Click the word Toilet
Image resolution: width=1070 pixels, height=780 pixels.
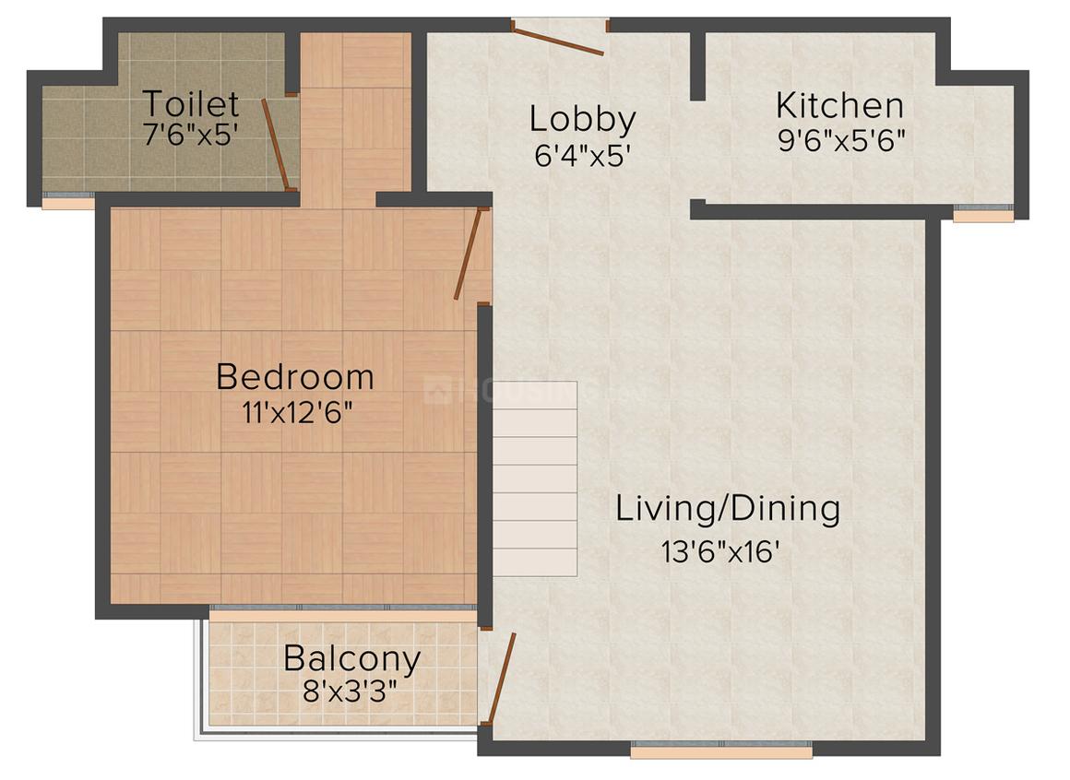click(191, 103)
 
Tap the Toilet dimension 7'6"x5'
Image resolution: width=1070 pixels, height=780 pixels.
click(190, 135)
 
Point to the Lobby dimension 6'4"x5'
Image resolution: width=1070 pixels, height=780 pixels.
click(581, 156)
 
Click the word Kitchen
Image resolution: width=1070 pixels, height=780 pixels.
click(840, 106)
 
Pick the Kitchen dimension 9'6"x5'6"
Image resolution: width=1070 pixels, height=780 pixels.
click(841, 140)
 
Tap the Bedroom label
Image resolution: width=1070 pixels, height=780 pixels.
click(295, 377)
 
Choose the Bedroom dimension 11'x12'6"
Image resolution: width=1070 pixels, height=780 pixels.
click(298, 412)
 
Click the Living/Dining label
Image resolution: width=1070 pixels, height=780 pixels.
click(728, 510)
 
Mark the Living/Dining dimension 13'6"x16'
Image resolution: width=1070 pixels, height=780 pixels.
click(719, 551)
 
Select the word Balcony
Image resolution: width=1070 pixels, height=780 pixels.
click(351, 659)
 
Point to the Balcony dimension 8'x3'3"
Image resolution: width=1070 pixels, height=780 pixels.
click(350, 692)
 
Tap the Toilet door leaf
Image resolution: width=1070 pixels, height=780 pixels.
click(277, 143)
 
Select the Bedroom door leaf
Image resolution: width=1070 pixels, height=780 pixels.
click(469, 254)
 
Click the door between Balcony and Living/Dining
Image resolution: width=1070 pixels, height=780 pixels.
click(500, 678)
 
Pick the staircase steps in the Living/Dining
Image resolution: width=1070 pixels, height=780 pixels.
click(535, 479)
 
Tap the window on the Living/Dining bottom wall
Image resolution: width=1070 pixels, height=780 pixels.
click(721, 750)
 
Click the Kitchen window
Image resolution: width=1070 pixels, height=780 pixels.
click(983, 213)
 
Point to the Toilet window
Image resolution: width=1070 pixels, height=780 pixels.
click(68, 200)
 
